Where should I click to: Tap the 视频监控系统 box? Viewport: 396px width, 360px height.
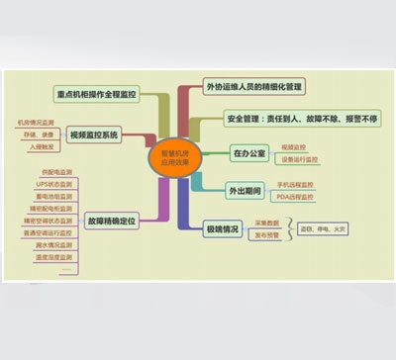[95, 134]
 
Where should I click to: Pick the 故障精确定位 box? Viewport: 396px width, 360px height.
[112, 222]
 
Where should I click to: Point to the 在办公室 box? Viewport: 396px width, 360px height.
[248, 152]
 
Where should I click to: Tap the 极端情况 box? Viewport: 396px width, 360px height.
[222, 228]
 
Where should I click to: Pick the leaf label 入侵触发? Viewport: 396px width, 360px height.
[36, 145]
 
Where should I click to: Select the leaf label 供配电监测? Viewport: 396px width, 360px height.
[55, 175]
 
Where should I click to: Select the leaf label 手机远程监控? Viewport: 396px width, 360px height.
[294, 184]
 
